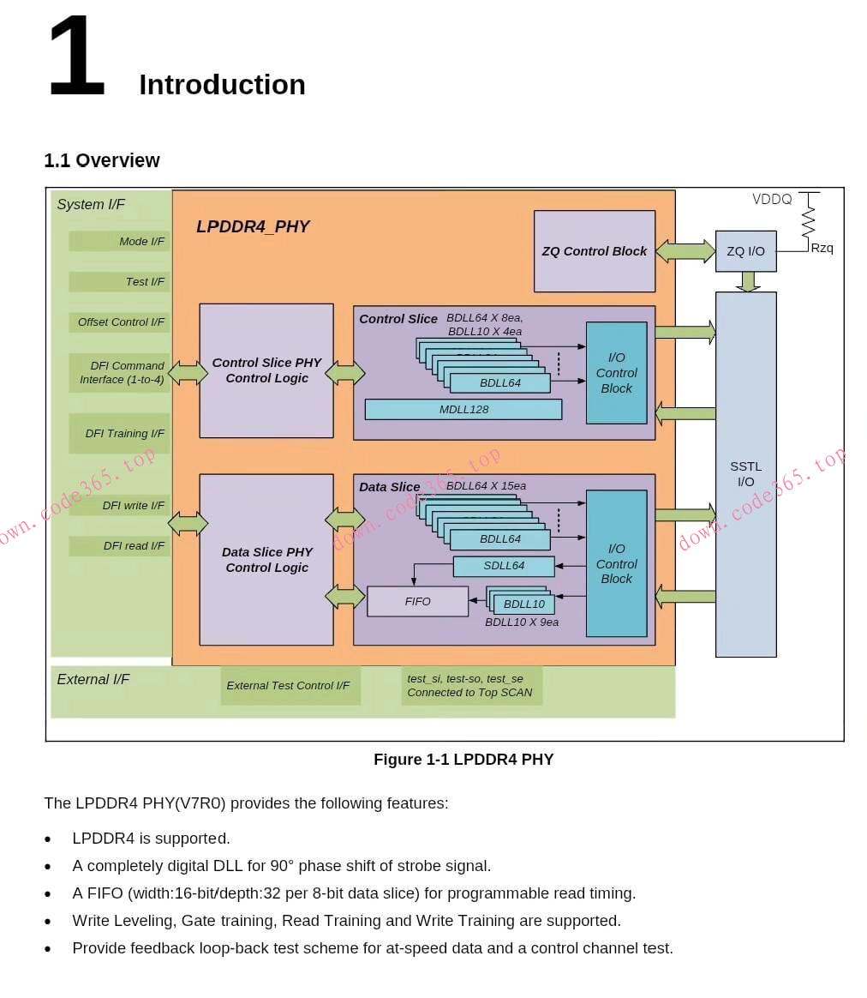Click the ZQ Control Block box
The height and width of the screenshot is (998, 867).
click(x=594, y=251)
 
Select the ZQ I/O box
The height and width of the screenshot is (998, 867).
click(x=745, y=251)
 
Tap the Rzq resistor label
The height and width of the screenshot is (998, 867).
click(x=822, y=249)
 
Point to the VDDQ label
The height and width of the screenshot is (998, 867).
click(x=772, y=200)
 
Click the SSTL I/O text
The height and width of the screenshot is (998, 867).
click(x=745, y=474)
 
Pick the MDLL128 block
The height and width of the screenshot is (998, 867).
click(x=463, y=410)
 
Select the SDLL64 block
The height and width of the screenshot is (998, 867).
click(x=504, y=566)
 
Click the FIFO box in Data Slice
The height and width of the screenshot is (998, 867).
click(x=418, y=601)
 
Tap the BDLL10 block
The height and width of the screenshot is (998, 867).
click(x=523, y=604)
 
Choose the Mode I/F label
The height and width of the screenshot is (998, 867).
click(x=141, y=242)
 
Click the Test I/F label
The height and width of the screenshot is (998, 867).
click(x=145, y=282)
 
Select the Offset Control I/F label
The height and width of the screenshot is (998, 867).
click(x=121, y=322)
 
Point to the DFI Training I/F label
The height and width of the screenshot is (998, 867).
click(x=124, y=434)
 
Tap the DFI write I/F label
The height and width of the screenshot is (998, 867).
click(x=133, y=506)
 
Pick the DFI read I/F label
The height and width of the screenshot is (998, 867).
click(x=134, y=546)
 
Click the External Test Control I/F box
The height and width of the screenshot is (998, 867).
click(x=289, y=686)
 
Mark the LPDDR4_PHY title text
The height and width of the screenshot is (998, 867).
click(x=253, y=227)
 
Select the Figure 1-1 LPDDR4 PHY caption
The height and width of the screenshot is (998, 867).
click(x=463, y=760)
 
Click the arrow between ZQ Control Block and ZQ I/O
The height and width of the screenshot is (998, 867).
click(x=685, y=251)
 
